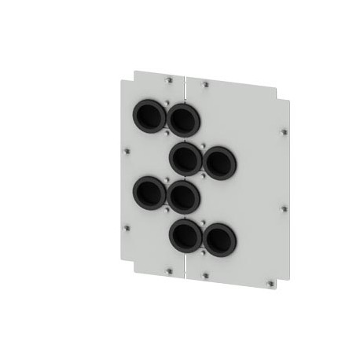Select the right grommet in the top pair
click(183, 119)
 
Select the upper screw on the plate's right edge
click(284, 132)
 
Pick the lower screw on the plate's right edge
click(284, 208)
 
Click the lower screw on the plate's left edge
click(127, 228)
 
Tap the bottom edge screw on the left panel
click(169, 271)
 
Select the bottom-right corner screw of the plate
click(271, 281)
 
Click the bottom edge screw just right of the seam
click(206, 275)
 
